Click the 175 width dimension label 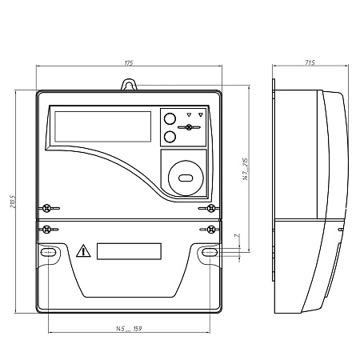128,62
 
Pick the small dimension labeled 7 236,237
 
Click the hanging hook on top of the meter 129,84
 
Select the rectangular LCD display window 102,126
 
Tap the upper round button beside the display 170,119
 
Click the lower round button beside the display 170,137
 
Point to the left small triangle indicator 189,114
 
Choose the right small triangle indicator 201,114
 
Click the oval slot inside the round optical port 186,178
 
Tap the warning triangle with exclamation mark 83,252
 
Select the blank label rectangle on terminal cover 129,251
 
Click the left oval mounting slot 48,253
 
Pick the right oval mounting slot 210,253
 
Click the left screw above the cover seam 48,209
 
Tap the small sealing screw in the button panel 191,128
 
